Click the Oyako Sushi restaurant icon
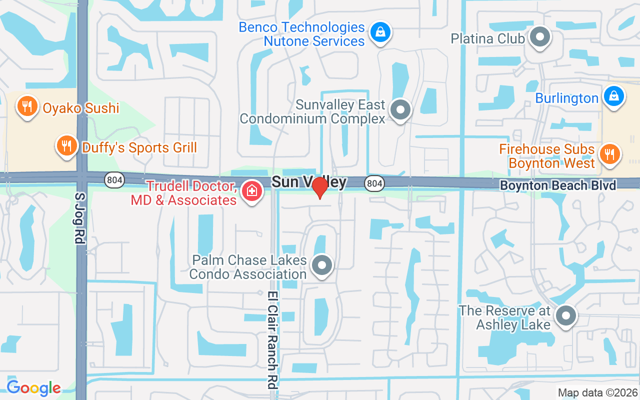pyautogui.click(x=27, y=106)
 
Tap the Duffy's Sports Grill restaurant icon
pyautogui.click(x=65, y=145)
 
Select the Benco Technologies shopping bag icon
pyautogui.click(x=380, y=32)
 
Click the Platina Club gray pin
pyautogui.click(x=539, y=37)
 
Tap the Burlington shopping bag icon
pyautogui.click(x=613, y=96)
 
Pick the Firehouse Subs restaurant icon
pyautogui.click(x=609, y=153)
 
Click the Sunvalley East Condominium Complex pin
pyautogui.click(x=400, y=109)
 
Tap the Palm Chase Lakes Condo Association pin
pyautogui.click(x=321, y=265)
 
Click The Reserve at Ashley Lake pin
pyautogui.click(x=566, y=315)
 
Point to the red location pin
pyautogui.click(x=319, y=188)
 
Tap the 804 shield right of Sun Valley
pyautogui.click(x=374, y=183)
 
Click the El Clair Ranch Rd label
pyautogui.click(x=272, y=342)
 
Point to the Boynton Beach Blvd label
pyautogui.click(x=558, y=185)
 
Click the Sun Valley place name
pyautogui.click(x=309, y=181)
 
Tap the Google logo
pyautogui.click(x=33, y=388)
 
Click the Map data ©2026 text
pyautogui.click(x=598, y=392)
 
